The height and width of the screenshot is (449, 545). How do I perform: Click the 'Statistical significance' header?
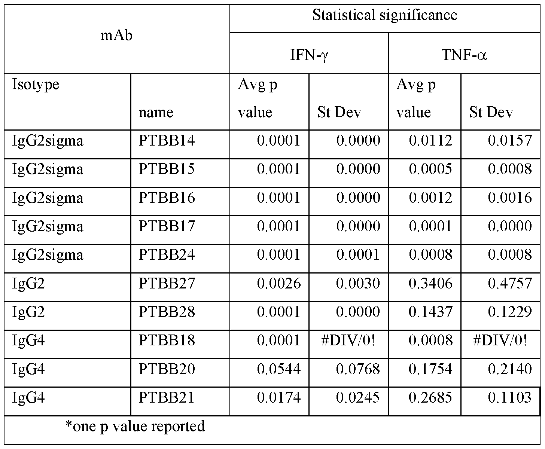click(x=385, y=15)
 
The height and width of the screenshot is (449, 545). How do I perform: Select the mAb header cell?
click(x=117, y=36)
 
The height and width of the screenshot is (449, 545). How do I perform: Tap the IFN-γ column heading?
click(x=309, y=55)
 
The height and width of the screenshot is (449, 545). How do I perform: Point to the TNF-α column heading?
click(x=464, y=55)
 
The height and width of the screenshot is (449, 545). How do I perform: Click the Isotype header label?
click(x=36, y=85)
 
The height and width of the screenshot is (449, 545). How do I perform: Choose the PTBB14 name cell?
click(x=167, y=141)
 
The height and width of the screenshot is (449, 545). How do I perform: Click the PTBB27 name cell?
click(x=167, y=283)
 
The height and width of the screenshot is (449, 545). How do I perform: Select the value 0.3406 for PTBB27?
click(x=430, y=283)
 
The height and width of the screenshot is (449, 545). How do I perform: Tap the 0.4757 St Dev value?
click(x=509, y=283)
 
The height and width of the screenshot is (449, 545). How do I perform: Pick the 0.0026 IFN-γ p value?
click(x=278, y=283)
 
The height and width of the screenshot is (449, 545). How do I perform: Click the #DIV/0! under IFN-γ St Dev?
click(x=348, y=340)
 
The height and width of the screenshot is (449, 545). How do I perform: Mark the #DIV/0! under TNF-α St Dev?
click(x=500, y=340)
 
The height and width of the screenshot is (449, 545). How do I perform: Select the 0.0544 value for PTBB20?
click(x=278, y=369)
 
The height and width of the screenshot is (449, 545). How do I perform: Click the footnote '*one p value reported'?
click(x=135, y=426)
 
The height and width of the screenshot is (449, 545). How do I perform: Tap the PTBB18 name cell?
click(x=167, y=340)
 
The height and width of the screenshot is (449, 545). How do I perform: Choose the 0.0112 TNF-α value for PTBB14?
click(x=430, y=141)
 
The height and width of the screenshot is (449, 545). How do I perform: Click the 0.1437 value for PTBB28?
click(x=430, y=312)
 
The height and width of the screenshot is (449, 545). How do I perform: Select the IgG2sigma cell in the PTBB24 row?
click(x=48, y=255)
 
